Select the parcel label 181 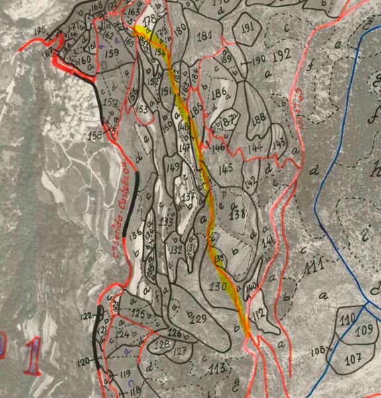click(x=205, y=34)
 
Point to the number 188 click(x=258, y=117)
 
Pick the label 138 click(x=238, y=214)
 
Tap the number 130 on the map click(x=219, y=287)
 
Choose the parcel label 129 click(x=197, y=319)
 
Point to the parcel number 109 click(x=363, y=330)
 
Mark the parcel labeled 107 click(x=353, y=359)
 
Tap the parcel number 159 click(x=112, y=52)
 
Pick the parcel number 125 click(x=138, y=312)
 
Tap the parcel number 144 click(x=255, y=147)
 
